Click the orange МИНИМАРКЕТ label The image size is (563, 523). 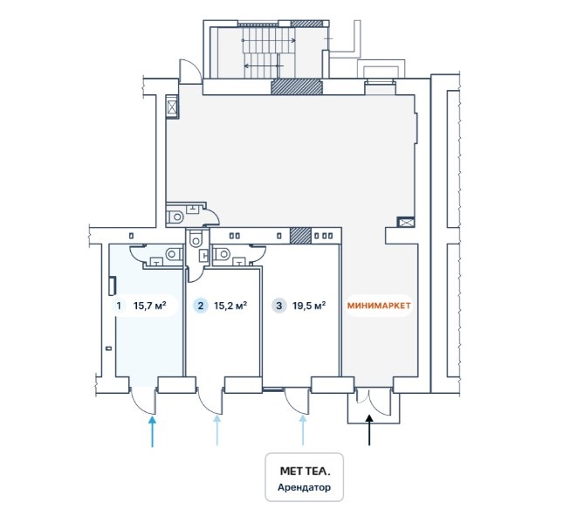pyautogui.click(x=378, y=306)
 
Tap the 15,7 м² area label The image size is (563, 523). pyautogui.click(x=150, y=306)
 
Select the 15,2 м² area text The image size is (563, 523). pyautogui.click(x=230, y=306)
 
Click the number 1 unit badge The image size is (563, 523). pyautogui.click(x=118, y=306)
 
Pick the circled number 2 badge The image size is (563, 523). pyautogui.click(x=201, y=306)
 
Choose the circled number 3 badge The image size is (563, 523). pyautogui.click(x=278, y=306)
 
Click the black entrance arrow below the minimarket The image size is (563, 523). pyautogui.click(x=369, y=430)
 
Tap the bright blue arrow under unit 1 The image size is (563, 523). pyautogui.click(x=153, y=431)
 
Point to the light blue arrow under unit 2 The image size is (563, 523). pyautogui.click(x=217, y=431)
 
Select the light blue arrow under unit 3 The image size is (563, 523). pyautogui.click(x=303, y=431)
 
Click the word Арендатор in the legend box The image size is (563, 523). pyautogui.click(x=305, y=488)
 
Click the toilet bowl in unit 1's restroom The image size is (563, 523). pyautogui.click(x=174, y=253)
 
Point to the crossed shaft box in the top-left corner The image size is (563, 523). pyautogui.click(x=172, y=107)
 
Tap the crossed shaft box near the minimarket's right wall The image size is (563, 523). pyautogui.click(x=405, y=222)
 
